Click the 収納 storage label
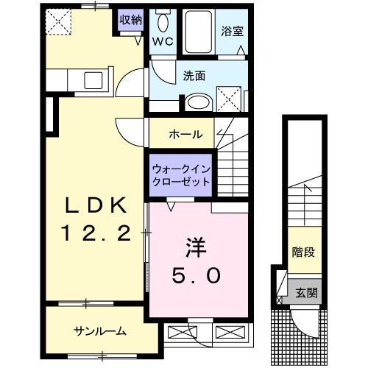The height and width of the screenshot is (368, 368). coord(130,20)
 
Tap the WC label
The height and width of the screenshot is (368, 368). coord(162,42)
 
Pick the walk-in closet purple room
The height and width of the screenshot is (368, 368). coord(182,174)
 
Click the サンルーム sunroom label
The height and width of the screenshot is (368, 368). coord(99,330)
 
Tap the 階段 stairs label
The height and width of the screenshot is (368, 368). coord(302,252)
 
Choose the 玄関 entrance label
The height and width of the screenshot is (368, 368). coord(307,292)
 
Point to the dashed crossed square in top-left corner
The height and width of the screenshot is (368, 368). coord(57,21)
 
